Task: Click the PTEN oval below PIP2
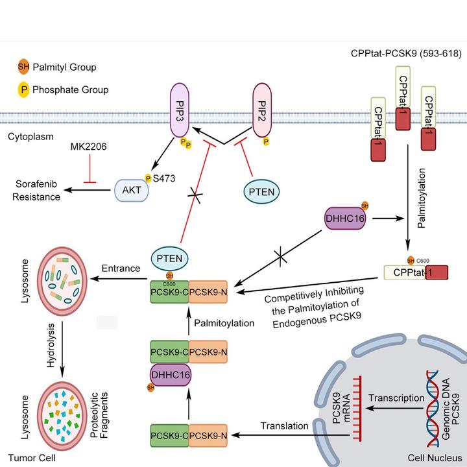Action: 263,192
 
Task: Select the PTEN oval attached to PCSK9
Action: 169,260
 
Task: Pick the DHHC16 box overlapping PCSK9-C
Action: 169,374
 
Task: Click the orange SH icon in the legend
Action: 24,67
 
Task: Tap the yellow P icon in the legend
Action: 24,90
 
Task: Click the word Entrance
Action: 122,269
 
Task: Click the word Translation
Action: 285,425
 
